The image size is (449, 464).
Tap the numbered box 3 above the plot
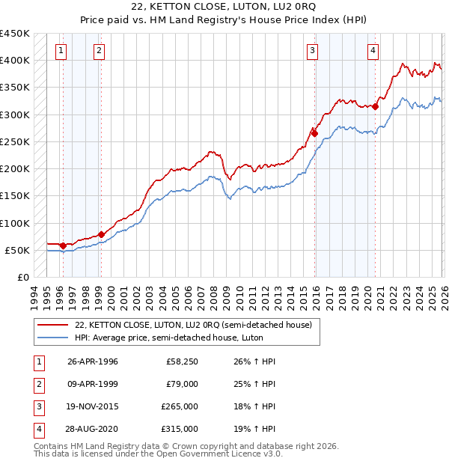coord(312,51)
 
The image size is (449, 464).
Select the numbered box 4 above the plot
coord(373,51)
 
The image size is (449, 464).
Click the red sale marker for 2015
coord(315,134)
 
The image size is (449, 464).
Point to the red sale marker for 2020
coord(376,106)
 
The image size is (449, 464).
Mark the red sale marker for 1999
coord(101,234)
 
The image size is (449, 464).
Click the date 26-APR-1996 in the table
coord(93,361)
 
